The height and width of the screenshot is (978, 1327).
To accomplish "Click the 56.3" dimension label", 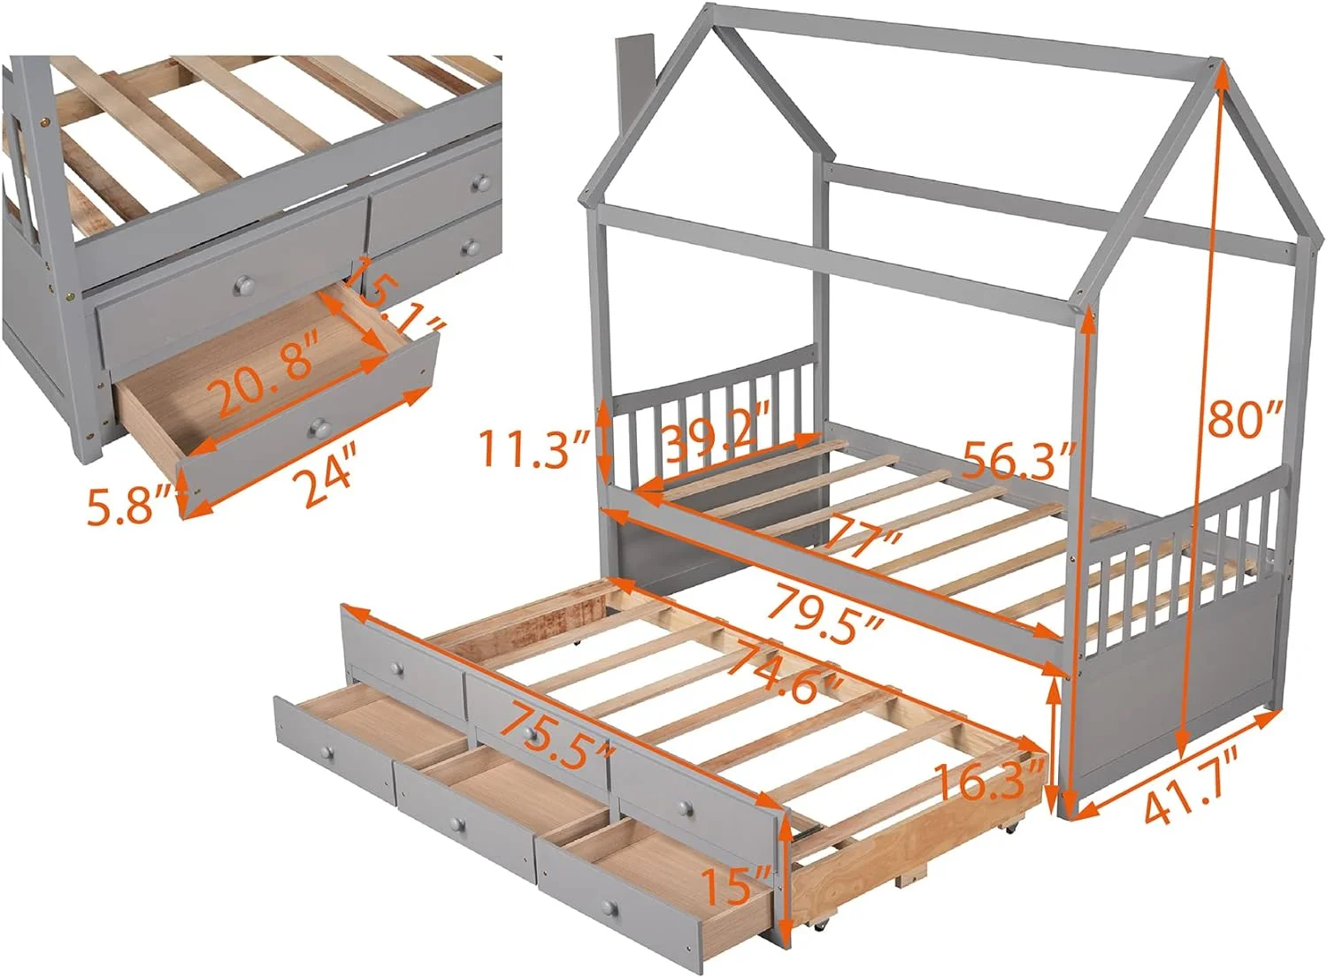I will pos(1016,461).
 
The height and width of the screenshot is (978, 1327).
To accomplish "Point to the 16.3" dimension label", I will pos(990,783).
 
